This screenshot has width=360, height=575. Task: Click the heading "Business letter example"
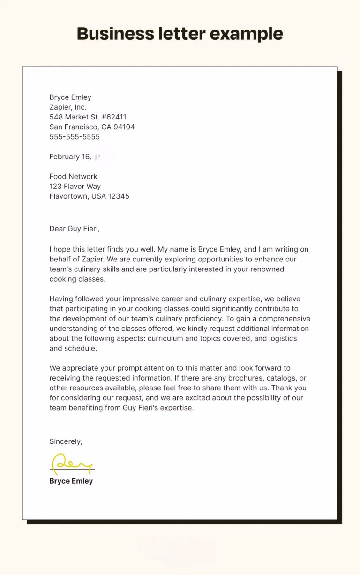click(x=180, y=34)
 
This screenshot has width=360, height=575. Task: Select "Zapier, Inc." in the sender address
click(x=68, y=107)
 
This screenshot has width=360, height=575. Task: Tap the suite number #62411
click(x=114, y=117)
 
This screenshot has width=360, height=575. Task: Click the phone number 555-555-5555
click(x=75, y=137)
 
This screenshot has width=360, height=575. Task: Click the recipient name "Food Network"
click(x=73, y=177)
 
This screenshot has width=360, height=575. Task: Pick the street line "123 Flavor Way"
click(x=75, y=187)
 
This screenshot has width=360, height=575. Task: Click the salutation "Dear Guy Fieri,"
click(x=75, y=229)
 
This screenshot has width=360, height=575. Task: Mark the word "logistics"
click(x=280, y=338)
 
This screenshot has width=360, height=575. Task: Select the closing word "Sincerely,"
click(x=66, y=441)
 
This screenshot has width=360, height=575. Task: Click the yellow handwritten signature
click(x=71, y=463)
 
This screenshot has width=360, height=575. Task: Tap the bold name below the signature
click(x=71, y=481)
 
